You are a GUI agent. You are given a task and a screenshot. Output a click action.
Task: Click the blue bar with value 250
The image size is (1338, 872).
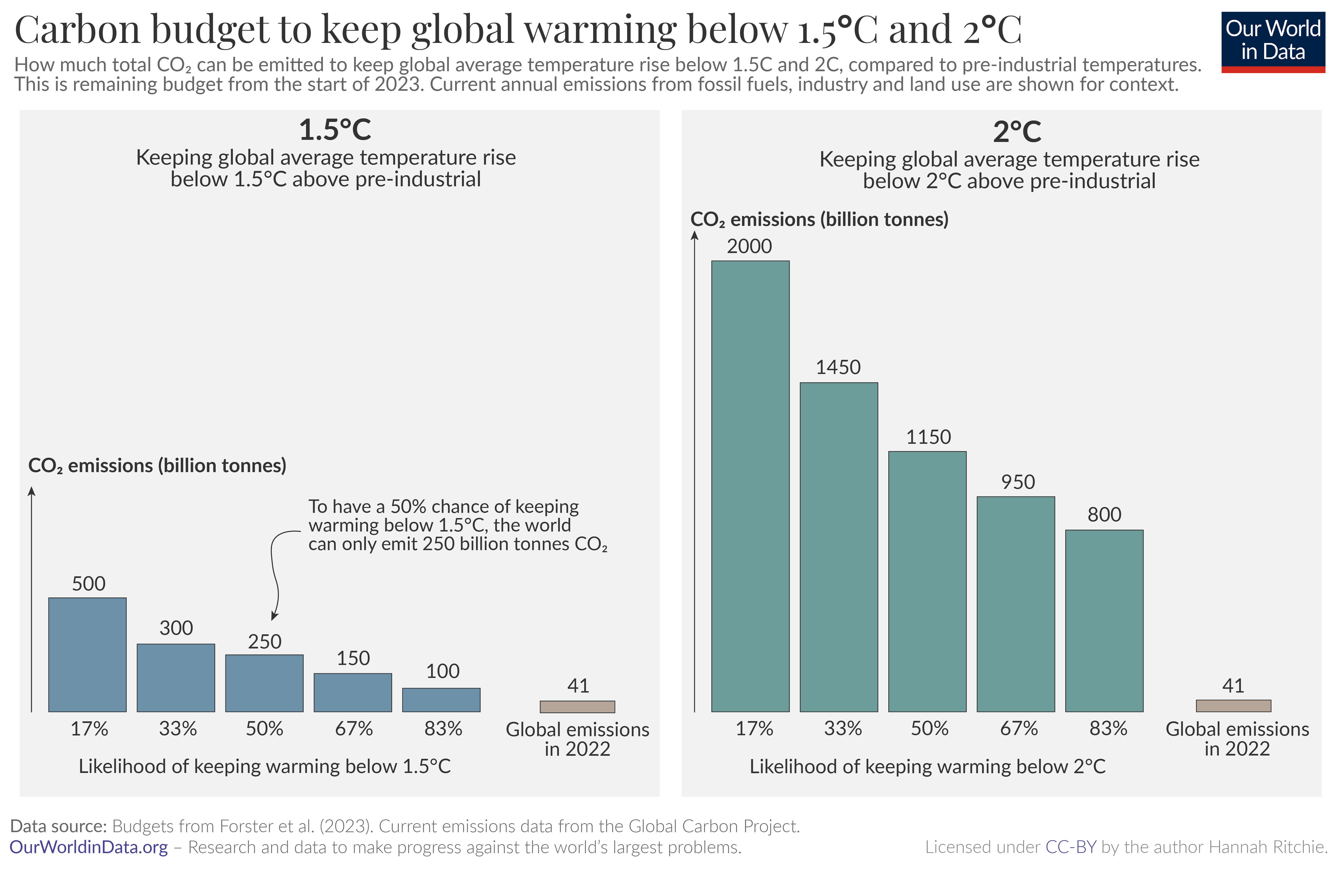point(264,683)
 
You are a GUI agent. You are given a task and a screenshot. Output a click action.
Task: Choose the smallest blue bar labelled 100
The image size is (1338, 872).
point(441,700)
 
